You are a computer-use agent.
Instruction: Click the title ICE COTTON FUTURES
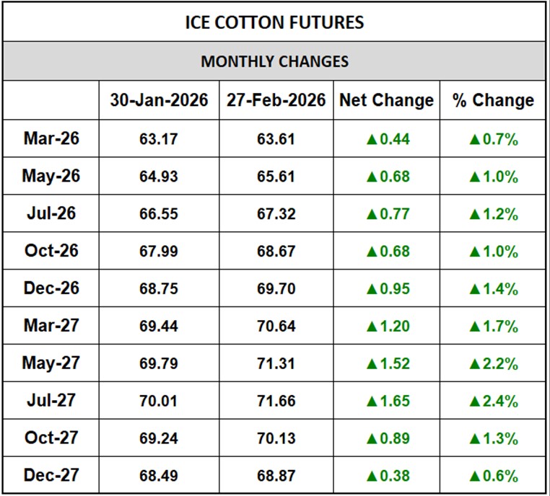[274, 22]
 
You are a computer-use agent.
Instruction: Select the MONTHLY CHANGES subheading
[274, 61]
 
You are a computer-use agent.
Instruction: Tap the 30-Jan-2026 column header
[159, 100]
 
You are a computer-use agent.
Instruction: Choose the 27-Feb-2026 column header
[276, 100]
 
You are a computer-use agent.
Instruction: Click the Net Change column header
[387, 100]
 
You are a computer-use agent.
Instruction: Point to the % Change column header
[493, 100]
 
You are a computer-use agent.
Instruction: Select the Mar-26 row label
[51, 138]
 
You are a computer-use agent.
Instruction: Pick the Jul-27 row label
[51, 400]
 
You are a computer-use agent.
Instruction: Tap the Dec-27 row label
[51, 474]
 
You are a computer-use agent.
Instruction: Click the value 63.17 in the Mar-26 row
[159, 139]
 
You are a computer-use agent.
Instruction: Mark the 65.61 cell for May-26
[276, 177]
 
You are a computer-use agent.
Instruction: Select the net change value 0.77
[393, 214]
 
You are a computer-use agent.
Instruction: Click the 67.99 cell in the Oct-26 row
[159, 252]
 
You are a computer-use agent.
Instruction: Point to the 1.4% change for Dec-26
[499, 289]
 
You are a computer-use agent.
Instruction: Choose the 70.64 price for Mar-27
[276, 327]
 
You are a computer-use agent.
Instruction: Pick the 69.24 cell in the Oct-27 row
[159, 438]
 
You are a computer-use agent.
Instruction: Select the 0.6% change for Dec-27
[499, 476]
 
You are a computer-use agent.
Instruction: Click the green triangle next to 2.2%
[475, 363]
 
